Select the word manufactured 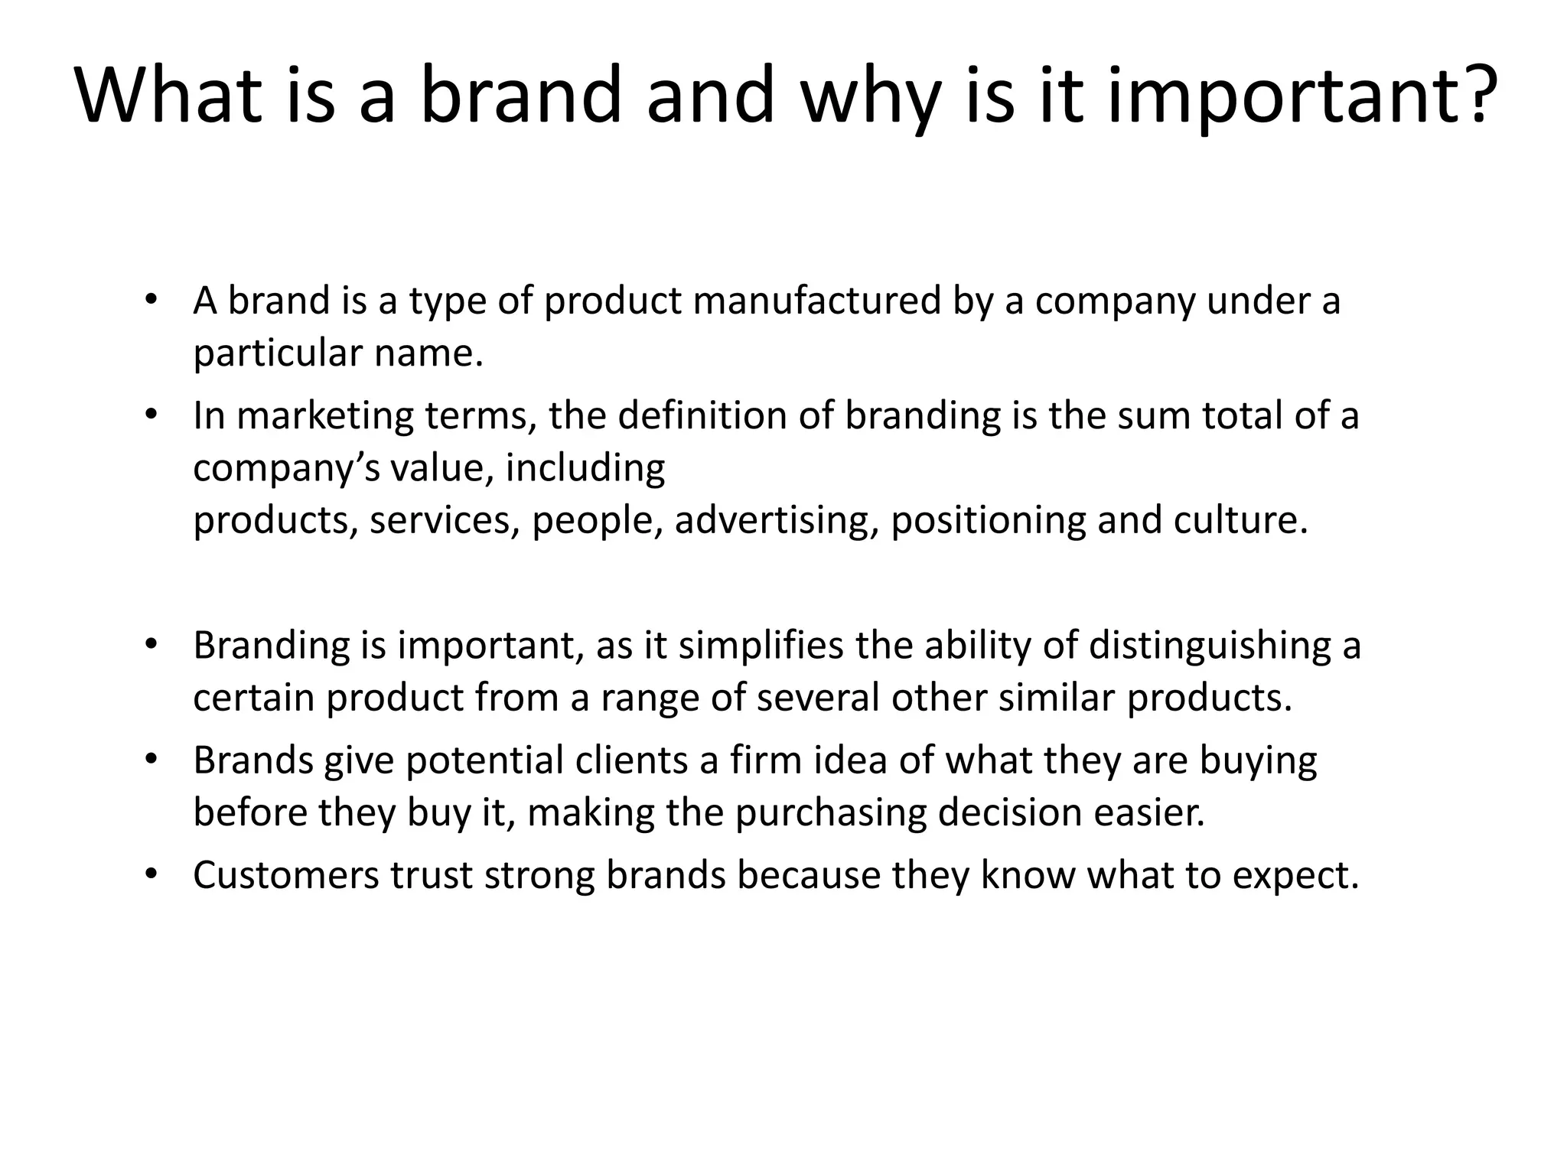pos(816,301)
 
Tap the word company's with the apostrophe pos(286,469)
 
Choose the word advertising pos(776,521)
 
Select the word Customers pos(285,875)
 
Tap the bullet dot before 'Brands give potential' pos(151,760)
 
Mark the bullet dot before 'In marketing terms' pos(151,415)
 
